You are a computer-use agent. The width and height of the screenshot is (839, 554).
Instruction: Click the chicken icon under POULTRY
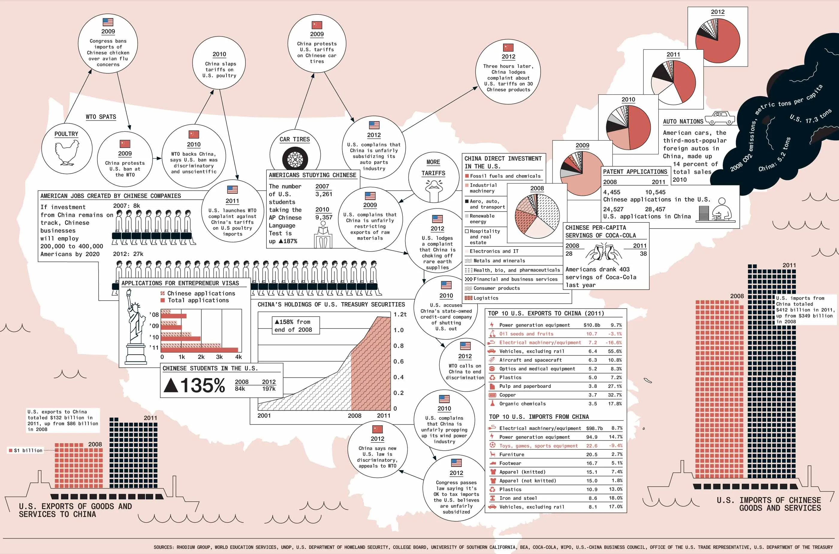tap(67, 153)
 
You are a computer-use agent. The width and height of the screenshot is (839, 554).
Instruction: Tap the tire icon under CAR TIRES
tap(295, 160)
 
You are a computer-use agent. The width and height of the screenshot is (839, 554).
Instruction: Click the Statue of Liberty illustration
tap(136, 327)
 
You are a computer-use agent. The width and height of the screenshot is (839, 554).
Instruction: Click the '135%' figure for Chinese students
tap(194, 385)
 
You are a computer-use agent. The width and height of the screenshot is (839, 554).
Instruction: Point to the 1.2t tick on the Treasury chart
tap(400, 314)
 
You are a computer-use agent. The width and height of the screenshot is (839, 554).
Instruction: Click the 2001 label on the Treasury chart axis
tap(264, 416)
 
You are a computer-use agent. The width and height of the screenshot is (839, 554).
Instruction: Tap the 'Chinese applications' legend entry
tap(201, 293)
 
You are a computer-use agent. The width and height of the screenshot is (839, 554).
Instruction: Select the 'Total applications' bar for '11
tap(199, 350)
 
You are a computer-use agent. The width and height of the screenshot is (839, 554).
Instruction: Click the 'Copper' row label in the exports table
tap(507, 395)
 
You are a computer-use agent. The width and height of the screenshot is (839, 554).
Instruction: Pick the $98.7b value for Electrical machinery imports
tap(594, 428)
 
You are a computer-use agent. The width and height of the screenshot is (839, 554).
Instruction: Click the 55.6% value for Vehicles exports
tap(615, 351)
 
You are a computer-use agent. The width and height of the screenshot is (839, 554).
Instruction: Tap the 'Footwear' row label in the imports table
tap(510, 463)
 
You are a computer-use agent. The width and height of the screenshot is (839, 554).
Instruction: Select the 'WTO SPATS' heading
tap(101, 117)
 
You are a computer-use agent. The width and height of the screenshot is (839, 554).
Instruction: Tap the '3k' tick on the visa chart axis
tap(219, 357)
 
